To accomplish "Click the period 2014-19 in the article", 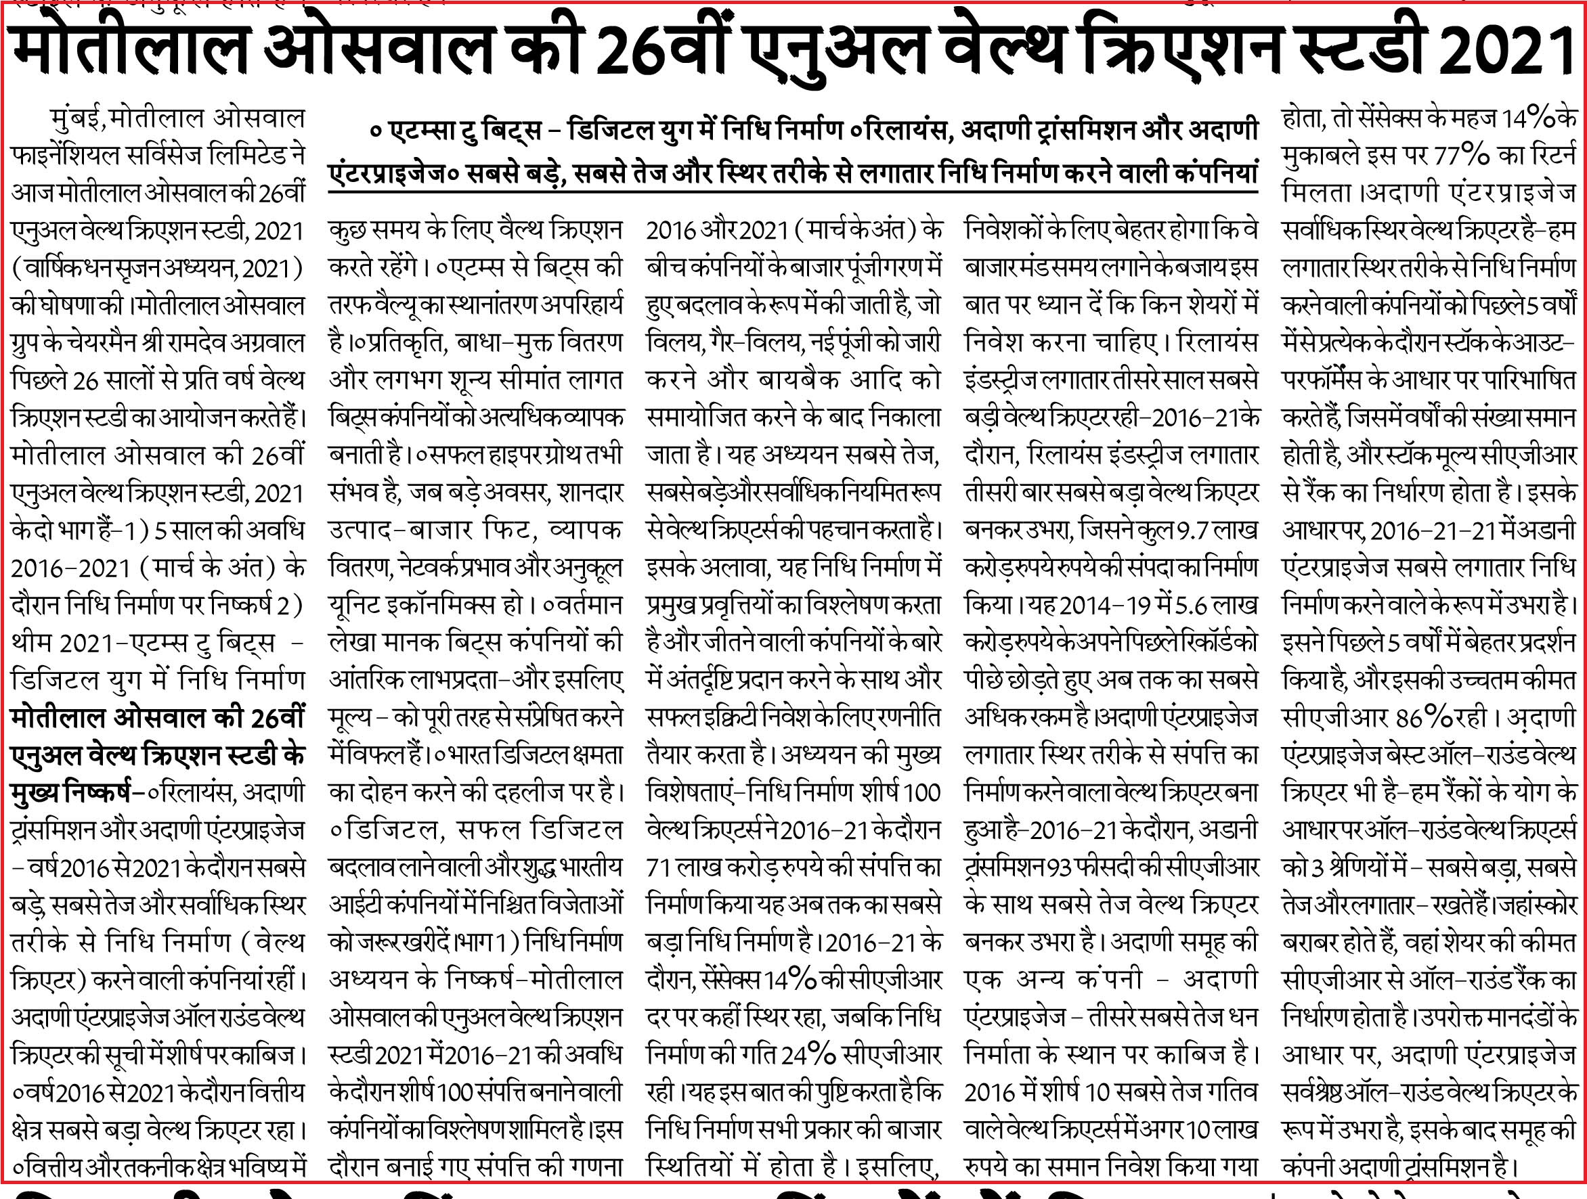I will click(x=1102, y=606).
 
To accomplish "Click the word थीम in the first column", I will click(x=32, y=643).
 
